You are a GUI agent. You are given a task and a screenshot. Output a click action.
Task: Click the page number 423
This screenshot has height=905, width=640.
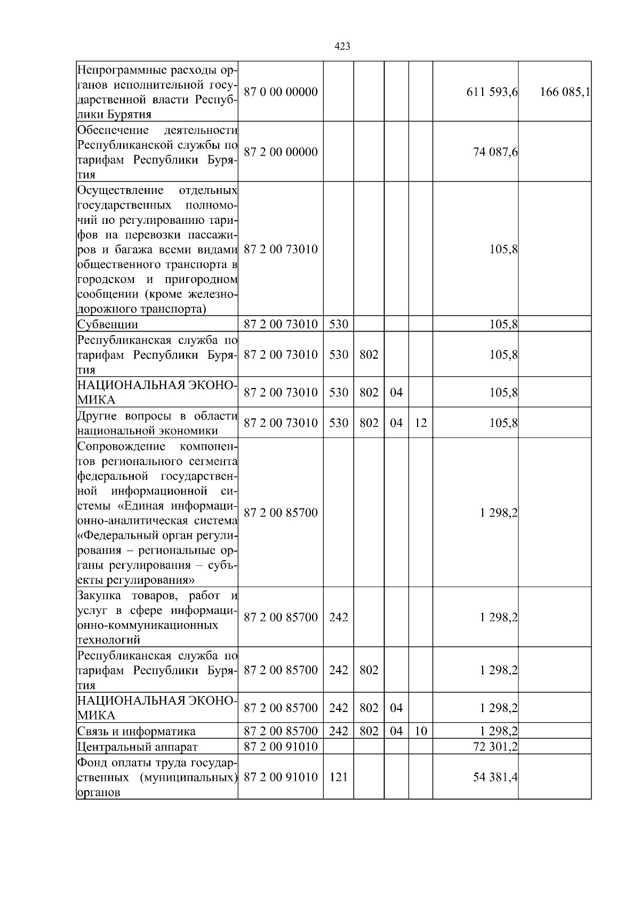[x=342, y=46]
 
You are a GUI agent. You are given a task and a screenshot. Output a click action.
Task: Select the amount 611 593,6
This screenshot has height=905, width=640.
[x=492, y=92]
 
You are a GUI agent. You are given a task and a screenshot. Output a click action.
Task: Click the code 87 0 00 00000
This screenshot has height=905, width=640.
[x=281, y=92]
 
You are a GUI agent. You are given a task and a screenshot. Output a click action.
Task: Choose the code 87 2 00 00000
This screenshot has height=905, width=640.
[x=281, y=152]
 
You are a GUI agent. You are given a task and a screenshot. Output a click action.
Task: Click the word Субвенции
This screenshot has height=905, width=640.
[x=108, y=324]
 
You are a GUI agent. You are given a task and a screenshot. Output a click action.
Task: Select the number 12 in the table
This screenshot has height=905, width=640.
[x=420, y=423]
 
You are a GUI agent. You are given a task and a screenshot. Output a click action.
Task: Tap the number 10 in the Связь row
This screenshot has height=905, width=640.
[x=420, y=731]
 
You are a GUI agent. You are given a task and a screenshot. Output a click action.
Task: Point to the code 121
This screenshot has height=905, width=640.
[x=338, y=777]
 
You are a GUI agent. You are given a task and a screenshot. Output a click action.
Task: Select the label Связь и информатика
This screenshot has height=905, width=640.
[x=137, y=731]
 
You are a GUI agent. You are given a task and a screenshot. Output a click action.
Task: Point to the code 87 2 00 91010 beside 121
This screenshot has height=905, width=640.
[x=281, y=777]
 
